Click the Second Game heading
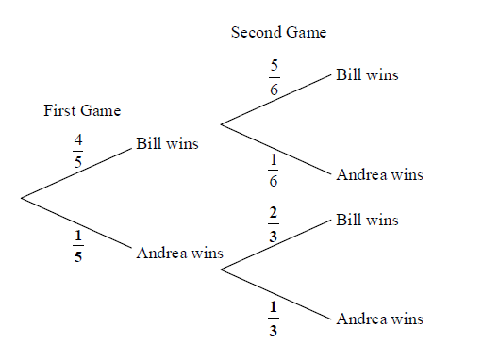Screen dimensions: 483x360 click(x=278, y=32)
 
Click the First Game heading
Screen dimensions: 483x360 click(x=82, y=110)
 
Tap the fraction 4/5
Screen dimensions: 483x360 click(x=78, y=151)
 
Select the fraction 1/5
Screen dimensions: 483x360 click(x=78, y=246)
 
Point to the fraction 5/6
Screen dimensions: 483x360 click(x=275, y=77)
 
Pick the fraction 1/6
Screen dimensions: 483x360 click(x=274, y=171)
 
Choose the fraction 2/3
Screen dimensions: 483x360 click(x=274, y=224)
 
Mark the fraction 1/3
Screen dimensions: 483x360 click(x=273, y=319)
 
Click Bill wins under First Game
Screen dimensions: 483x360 click(x=167, y=143)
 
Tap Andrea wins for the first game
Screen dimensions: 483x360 click(x=179, y=253)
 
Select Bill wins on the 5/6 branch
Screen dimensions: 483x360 click(x=367, y=75)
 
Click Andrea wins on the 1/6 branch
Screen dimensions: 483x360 click(x=379, y=174)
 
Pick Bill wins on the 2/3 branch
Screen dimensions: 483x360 click(x=367, y=220)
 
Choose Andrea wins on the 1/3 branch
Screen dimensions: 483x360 click(x=379, y=319)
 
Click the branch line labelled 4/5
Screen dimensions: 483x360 click(x=76, y=173)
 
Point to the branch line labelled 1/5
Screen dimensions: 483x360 click(x=76, y=223)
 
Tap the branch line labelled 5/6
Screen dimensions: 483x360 click(x=276, y=100)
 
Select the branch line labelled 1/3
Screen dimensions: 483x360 click(x=276, y=294)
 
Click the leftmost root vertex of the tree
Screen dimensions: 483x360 click(x=21, y=198)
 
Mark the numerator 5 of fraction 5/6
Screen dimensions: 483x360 click(x=275, y=65)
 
